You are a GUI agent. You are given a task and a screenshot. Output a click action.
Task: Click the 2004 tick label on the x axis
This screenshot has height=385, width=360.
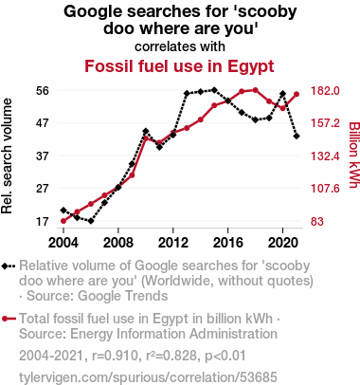(x=63, y=243)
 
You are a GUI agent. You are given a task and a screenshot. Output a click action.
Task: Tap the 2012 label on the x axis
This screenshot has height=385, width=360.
(x=173, y=243)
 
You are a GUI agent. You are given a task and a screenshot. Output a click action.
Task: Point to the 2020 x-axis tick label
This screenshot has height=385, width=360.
(x=283, y=243)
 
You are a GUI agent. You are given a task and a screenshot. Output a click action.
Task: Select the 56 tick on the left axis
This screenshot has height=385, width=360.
(x=43, y=91)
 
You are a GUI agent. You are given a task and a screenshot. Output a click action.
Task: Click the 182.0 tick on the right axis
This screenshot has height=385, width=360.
(x=325, y=91)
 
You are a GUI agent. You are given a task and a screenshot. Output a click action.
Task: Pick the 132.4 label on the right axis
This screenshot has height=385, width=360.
(x=325, y=156)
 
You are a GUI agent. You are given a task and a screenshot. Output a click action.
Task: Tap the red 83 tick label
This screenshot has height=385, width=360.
(x=317, y=221)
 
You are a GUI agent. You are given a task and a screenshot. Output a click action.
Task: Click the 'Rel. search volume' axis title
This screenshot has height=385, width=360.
(x=7, y=156)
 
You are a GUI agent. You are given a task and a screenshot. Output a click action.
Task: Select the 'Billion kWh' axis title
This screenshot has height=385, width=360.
(x=354, y=155)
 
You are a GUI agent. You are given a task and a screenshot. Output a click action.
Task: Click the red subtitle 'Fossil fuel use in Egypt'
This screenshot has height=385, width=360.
(x=179, y=66)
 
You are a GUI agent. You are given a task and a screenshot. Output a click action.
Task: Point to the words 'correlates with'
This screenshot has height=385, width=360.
(x=180, y=46)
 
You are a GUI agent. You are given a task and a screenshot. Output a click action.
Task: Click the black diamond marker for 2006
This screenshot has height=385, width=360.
(x=91, y=221)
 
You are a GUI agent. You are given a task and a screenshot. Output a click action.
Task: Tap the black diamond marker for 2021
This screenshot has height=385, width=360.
(x=297, y=136)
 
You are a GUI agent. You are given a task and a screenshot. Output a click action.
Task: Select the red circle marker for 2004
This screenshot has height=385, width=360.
(x=63, y=221)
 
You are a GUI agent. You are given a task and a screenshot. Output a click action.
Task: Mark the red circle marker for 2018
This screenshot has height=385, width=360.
(x=256, y=90)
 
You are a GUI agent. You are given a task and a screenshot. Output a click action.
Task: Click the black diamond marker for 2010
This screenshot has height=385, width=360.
(x=146, y=131)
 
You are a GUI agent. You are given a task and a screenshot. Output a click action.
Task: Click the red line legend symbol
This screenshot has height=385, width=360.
(x=9, y=319)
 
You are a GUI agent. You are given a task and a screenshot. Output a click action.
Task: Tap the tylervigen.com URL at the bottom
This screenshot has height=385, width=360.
(x=148, y=377)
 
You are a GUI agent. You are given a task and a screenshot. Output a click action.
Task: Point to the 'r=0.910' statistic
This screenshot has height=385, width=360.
(x=116, y=356)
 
